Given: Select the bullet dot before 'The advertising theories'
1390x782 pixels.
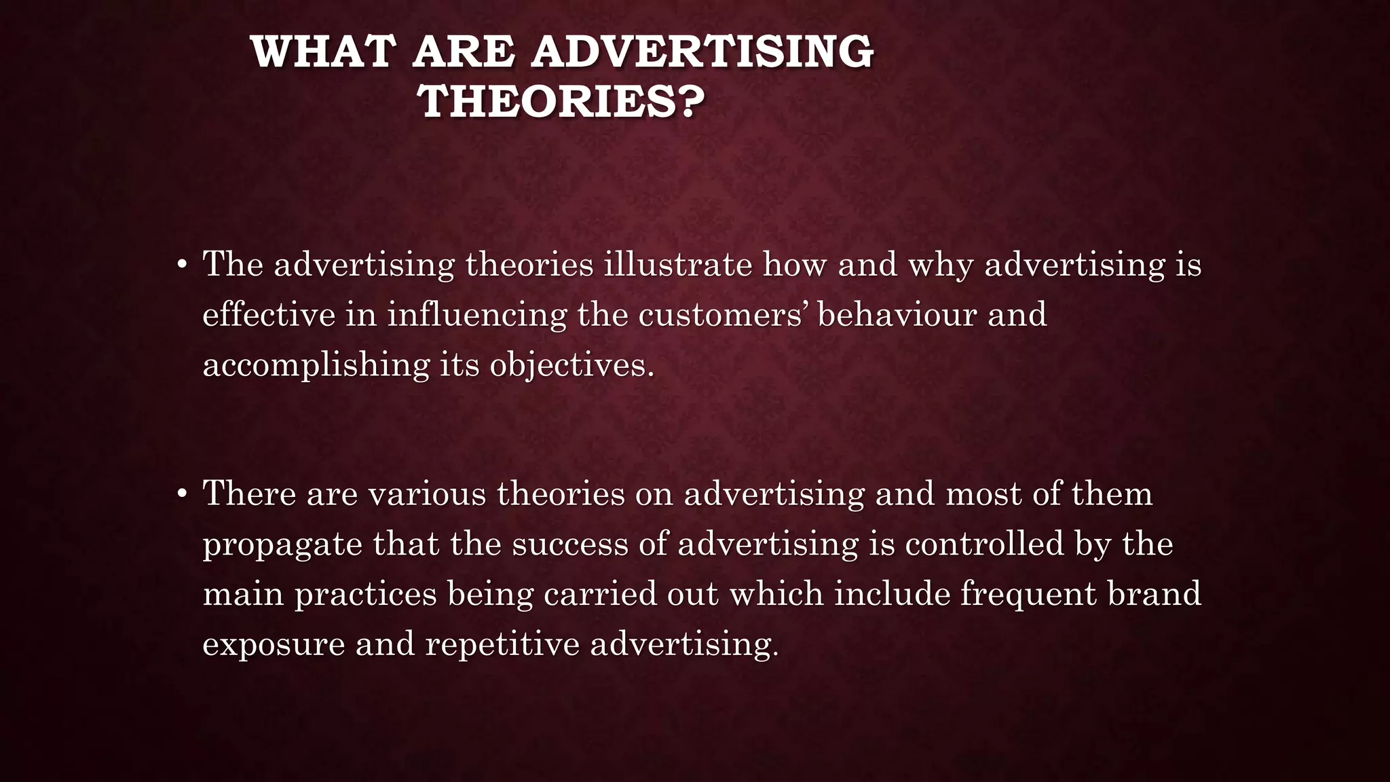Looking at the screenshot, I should [181, 265].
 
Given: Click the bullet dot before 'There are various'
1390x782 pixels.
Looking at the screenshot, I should [181, 495].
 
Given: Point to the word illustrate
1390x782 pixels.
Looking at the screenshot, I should [678, 264].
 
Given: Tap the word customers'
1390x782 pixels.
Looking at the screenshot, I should [722, 314].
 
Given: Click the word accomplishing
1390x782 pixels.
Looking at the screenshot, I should [316, 365].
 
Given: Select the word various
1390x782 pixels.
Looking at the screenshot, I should [428, 494].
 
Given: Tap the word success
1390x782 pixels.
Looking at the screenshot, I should [570, 544].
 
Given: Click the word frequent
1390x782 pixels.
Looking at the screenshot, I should [1028, 594].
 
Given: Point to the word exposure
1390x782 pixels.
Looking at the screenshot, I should [274, 644].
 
